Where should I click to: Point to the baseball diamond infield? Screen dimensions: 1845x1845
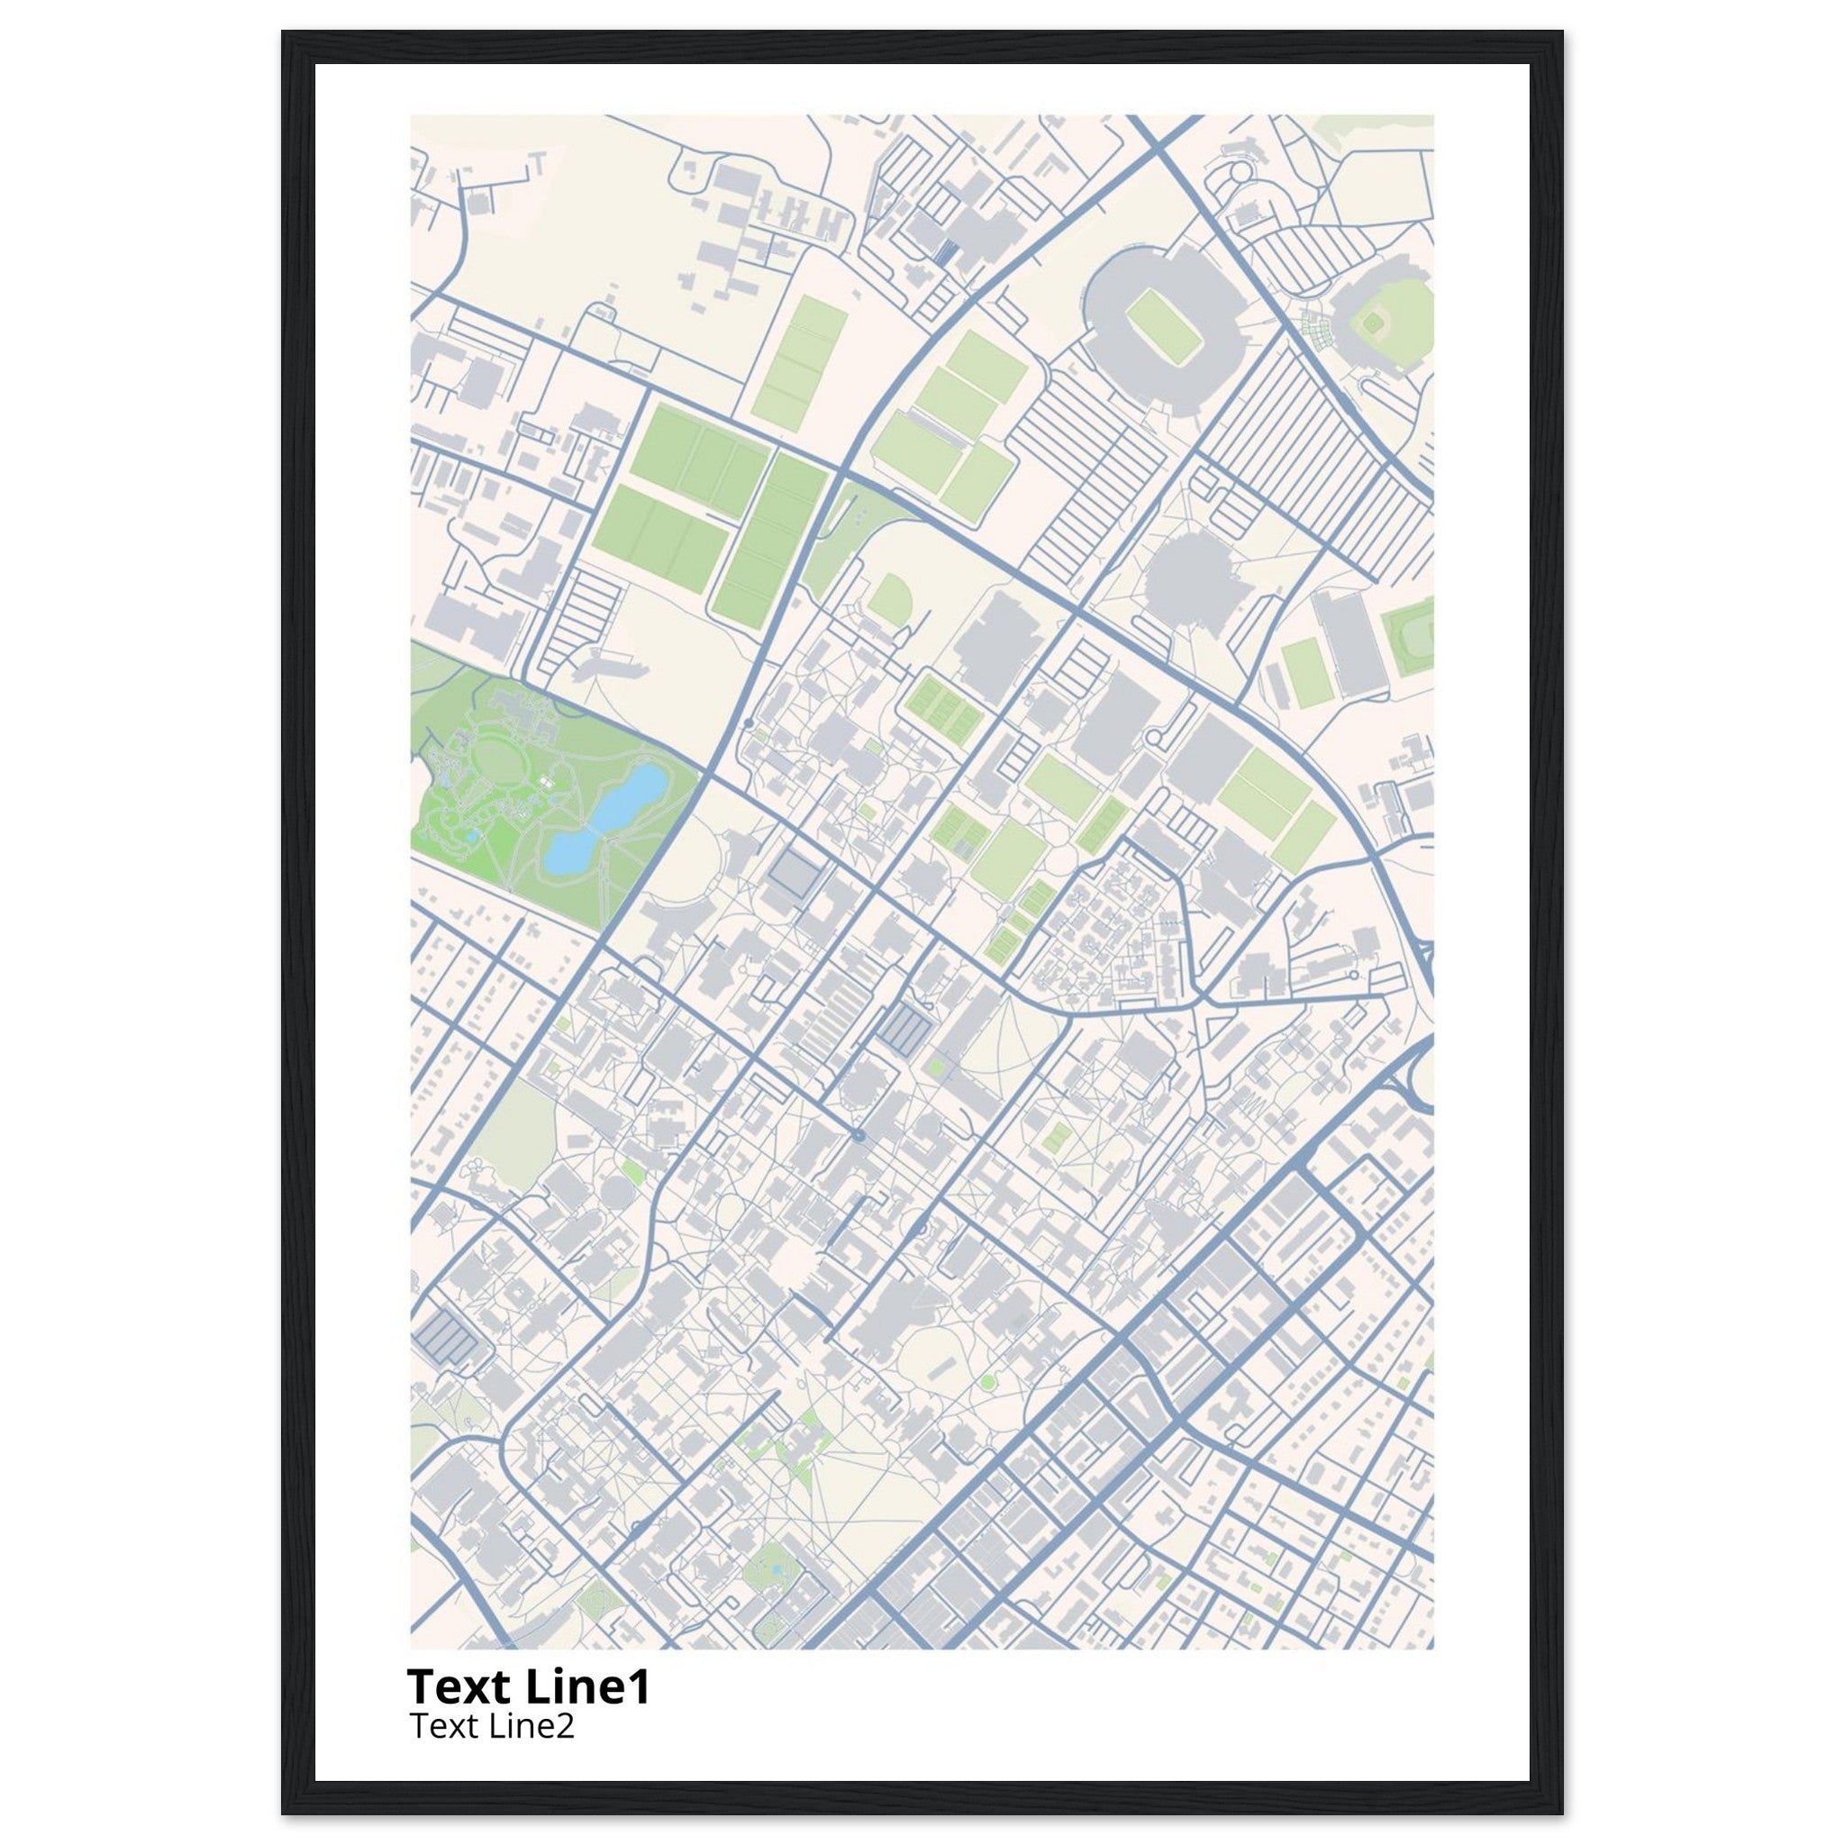tap(1372, 324)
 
